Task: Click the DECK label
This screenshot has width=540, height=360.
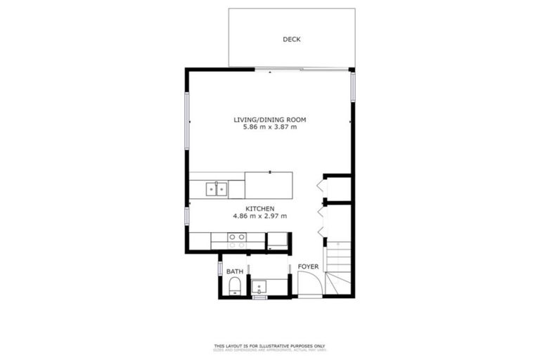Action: [x=291, y=39]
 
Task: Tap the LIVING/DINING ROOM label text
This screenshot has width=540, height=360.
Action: [x=270, y=120]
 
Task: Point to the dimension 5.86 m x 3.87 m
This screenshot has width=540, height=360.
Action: [x=270, y=127]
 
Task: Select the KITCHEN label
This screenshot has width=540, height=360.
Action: [x=259, y=208]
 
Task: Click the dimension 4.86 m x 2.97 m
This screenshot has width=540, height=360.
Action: [x=259, y=217]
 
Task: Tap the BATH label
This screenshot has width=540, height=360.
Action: [x=234, y=271]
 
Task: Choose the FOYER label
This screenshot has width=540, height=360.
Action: [x=308, y=267]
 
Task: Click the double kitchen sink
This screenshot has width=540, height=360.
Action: [x=217, y=188]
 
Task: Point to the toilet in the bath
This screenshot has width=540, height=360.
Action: [x=235, y=285]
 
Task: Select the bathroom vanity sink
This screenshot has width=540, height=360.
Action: [x=259, y=287]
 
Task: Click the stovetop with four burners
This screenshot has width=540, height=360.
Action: [x=238, y=241]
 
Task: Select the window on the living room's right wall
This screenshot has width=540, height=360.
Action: [x=353, y=85]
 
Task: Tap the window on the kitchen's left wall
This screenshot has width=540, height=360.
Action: [x=187, y=216]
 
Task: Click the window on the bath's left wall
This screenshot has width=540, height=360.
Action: [x=220, y=268]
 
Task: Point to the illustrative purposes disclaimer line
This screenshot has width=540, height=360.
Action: [x=270, y=345]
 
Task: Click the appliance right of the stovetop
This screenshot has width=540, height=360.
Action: [x=278, y=241]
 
